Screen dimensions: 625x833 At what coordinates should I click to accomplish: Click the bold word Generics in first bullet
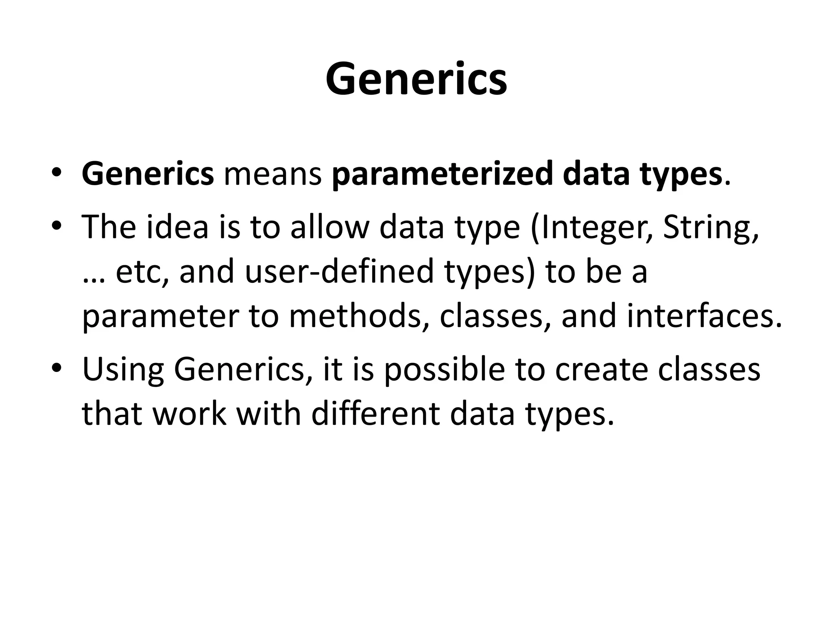coord(148,174)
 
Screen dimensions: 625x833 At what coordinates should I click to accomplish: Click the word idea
coord(177,227)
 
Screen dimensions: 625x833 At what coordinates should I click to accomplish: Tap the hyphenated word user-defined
coord(340,272)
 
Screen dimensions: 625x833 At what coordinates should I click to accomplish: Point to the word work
coord(189,414)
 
